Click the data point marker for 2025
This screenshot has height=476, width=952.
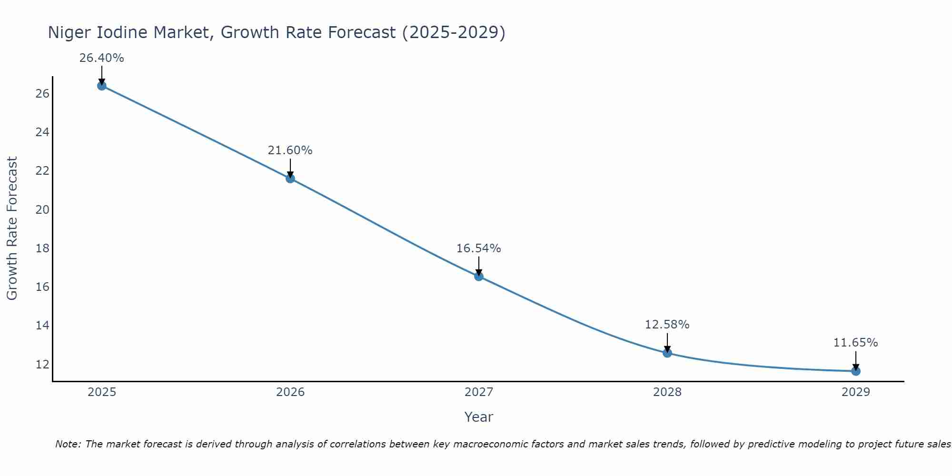pos(101,86)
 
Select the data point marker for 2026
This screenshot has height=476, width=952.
pos(290,178)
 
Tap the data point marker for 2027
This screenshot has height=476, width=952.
pos(479,276)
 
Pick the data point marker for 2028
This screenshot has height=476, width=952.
pos(667,353)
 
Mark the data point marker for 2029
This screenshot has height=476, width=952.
pos(856,371)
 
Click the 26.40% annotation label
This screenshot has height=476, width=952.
pos(101,58)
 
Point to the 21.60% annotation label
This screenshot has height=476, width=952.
pos(290,150)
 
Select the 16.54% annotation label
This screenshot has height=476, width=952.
pos(478,248)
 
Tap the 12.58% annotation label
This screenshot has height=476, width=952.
pos(667,325)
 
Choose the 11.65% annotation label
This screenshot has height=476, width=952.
pos(855,343)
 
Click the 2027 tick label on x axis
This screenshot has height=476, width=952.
pos(479,392)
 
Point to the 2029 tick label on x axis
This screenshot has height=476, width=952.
pos(856,392)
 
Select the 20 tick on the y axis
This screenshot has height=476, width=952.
pos(42,210)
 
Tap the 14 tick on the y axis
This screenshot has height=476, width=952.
pos(42,326)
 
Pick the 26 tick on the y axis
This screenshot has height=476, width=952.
pos(42,94)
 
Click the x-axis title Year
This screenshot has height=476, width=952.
pos(479,417)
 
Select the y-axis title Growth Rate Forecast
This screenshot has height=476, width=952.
pos(12,228)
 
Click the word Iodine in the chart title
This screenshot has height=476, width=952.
pos(180,33)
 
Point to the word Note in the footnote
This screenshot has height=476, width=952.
pos(68,445)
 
